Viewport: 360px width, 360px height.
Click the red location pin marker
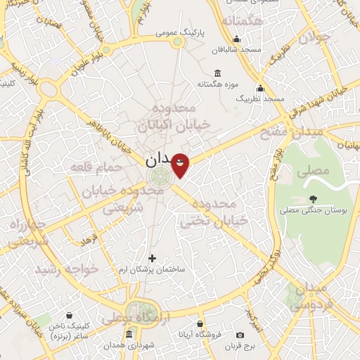coord(180,165)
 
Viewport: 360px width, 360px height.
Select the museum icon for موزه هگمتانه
coord(217,74)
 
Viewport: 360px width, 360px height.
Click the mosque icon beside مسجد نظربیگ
coord(261,89)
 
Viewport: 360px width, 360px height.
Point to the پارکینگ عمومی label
coord(181,32)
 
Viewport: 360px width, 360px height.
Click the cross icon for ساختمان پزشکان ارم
coord(152,259)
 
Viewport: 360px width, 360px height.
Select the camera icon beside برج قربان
coord(240,335)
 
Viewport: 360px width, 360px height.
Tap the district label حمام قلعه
coord(96,167)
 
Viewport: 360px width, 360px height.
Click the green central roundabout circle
coord(161,175)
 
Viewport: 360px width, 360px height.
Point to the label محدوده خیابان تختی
coord(215,213)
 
